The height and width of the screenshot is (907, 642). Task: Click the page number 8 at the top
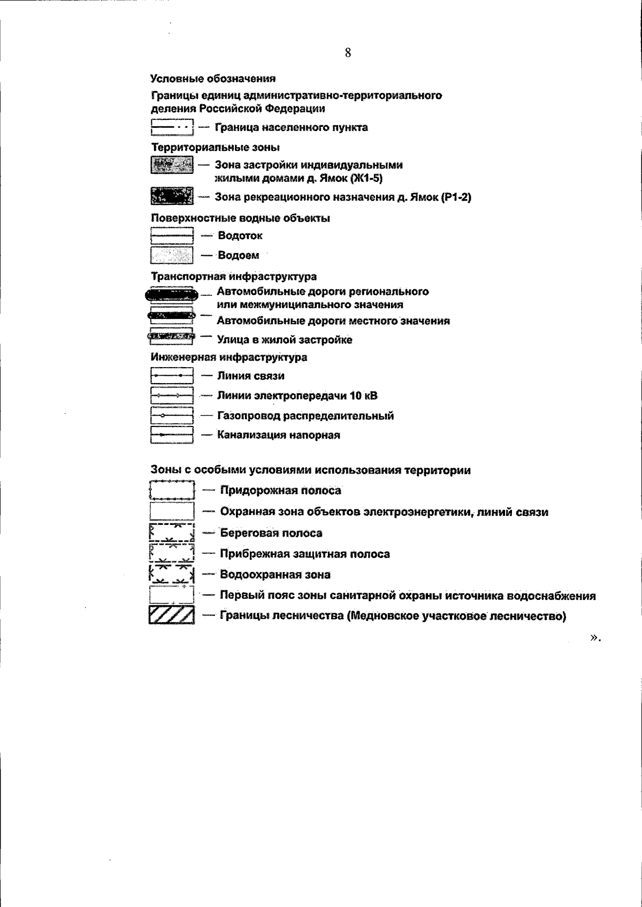(348, 52)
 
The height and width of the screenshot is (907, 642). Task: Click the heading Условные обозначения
(213, 79)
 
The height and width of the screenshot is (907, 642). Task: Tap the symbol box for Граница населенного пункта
(172, 127)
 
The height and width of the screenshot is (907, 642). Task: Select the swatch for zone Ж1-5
(172, 165)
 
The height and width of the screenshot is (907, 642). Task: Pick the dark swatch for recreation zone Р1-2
(172, 196)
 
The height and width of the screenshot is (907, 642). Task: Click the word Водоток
(240, 235)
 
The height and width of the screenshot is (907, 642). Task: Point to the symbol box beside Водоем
(172, 255)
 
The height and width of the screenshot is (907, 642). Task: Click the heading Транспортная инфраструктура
(234, 277)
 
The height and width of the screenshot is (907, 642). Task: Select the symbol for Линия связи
(172, 376)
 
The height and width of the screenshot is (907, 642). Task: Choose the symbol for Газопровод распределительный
(172, 415)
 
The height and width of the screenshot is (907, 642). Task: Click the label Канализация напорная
(278, 435)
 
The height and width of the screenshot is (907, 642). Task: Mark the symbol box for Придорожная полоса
(172, 490)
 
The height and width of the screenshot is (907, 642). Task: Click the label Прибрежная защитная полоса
(305, 554)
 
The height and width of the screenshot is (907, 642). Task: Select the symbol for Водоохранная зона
(172, 574)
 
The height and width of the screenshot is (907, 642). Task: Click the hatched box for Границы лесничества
(172, 615)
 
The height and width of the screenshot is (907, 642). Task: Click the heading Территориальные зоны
(216, 147)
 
